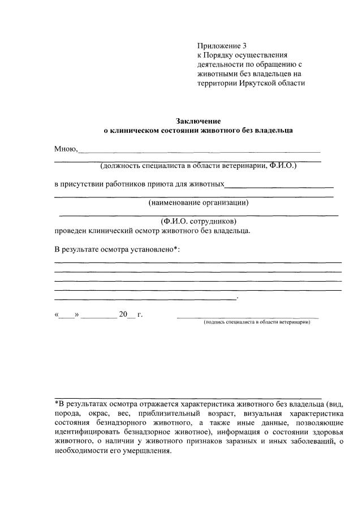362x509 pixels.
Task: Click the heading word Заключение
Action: pyautogui.click(x=197, y=121)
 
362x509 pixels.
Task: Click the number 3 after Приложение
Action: pyautogui.click(x=244, y=45)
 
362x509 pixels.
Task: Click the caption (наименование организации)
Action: pyautogui.click(x=199, y=202)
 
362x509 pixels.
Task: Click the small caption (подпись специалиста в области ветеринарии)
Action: pyautogui.click(x=257, y=322)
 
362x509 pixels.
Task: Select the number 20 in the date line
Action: pyautogui.click(x=123, y=314)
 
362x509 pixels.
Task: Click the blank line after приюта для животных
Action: pyautogui.click(x=279, y=186)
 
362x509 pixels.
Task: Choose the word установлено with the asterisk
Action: pyautogui.click(x=152, y=249)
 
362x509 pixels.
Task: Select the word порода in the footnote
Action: pyautogui.click(x=67, y=412)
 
